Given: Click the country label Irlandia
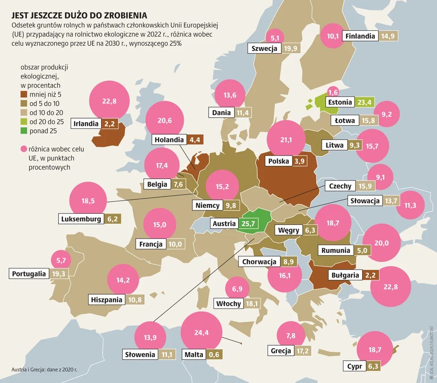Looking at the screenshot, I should point(86,124).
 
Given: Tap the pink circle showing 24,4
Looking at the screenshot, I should point(201,332).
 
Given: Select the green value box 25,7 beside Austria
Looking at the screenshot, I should point(248,223).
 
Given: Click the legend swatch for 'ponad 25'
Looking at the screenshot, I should point(24,131).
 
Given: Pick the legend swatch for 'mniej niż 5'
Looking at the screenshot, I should point(24,95).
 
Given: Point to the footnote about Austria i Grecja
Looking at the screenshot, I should point(45,370).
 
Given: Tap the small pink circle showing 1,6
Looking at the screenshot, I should point(333,92).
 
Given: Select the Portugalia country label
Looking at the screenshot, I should point(29,274).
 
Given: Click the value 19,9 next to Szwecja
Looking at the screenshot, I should point(290,49).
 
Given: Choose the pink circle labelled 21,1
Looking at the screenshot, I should point(286,140).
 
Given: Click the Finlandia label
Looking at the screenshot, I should point(360,36).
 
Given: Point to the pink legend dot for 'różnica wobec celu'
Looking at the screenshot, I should point(24,149).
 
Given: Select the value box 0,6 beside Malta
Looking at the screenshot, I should point(214,354).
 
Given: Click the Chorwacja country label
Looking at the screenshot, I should point(259,262).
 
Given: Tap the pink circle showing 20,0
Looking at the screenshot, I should point(382,243).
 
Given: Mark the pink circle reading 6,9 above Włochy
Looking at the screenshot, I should point(237,288).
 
